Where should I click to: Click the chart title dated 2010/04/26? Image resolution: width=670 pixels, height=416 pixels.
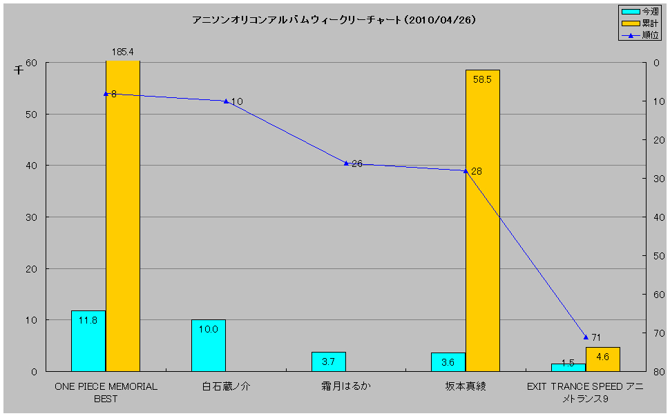(x=334, y=21)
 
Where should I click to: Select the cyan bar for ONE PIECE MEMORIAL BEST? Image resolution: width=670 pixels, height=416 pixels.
(x=88, y=341)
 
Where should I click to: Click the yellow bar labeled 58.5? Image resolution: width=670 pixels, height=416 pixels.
(x=482, y=221)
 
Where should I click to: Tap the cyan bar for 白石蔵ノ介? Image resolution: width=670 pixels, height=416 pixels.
(x=209, y=345)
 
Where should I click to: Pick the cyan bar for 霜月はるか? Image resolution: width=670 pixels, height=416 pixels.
(x=329, y=361)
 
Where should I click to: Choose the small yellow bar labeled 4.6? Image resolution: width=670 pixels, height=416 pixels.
(x=602, y=359)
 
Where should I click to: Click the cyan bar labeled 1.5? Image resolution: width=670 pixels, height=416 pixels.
(x=568, y=367)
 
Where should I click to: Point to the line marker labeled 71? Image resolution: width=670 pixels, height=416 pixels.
(x=586, y=337)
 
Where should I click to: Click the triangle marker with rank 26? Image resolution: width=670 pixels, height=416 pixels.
(x=346, y=163)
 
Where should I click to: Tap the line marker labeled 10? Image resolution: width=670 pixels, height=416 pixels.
(x=226, y=101)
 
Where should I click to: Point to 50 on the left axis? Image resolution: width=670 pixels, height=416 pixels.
(x=30, y=115)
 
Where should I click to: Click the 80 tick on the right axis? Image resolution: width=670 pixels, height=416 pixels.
(x=658, y=372)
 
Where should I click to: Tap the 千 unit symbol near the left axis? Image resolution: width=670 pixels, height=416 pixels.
(x=19, y=69)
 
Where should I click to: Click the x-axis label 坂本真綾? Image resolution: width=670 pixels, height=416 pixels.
(x=465, y=386)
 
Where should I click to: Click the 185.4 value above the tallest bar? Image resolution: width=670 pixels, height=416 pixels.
(x=123, y=52)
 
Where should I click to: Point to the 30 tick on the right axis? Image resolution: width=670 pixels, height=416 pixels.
(x=658, y=179)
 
